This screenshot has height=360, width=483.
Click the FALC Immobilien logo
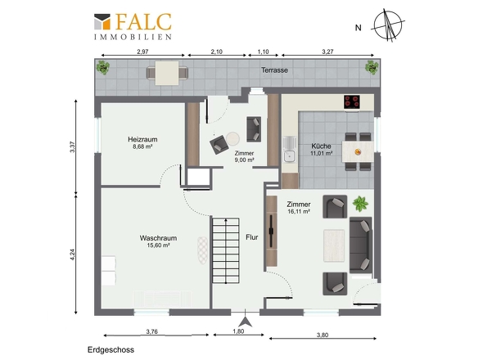[x=133, y=26]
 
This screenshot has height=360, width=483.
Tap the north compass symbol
[x=388, y=25]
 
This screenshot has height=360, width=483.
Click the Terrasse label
[x=274, y=70]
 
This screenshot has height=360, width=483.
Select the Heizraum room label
[x=142, y=139]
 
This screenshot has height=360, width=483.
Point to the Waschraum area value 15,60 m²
[x=159, y=245]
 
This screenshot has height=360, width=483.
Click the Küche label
[x=321, y=146]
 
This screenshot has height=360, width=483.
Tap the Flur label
[x=251, y=237]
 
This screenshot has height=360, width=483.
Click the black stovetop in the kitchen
[x=352, y=102]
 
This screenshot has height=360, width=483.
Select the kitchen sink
[x=289, y=150]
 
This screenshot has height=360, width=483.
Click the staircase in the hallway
[x=226, y=250]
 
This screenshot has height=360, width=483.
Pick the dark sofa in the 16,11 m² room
[x=361, y=245]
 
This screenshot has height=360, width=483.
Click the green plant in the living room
[x=360, y=204]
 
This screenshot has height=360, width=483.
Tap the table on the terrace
[x=167, y=74]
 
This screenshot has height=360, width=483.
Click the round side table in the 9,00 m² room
[x=232, y=138]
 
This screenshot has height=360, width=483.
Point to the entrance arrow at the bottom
[x=246, y=322]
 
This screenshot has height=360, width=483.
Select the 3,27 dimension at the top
[x=327, y=52]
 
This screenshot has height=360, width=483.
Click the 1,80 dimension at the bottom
[x=238, y=331]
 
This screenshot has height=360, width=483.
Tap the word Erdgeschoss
[x=111, y=350]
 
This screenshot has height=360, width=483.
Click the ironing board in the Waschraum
[x=202, y=250]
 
